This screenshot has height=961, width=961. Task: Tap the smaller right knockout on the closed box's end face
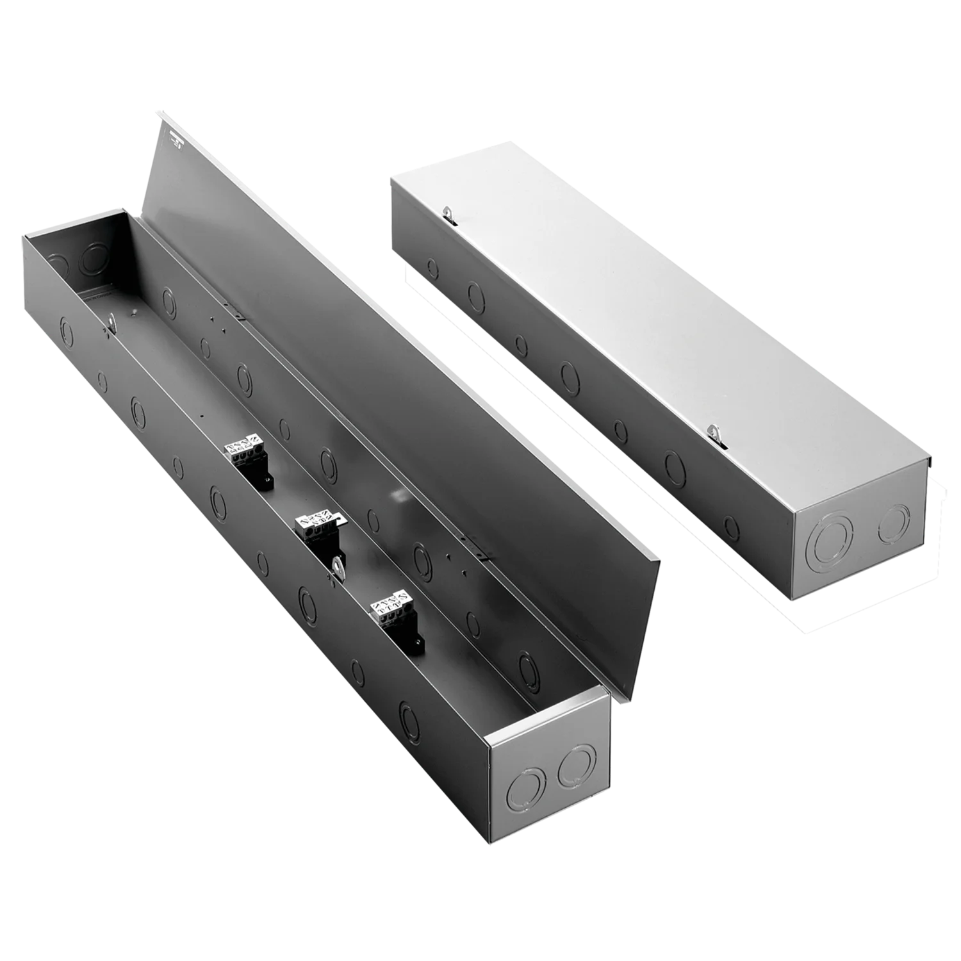coord(894,523)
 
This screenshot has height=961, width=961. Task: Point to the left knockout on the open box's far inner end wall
coord(57,263)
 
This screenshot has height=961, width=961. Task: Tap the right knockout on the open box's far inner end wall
coord(94,257)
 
